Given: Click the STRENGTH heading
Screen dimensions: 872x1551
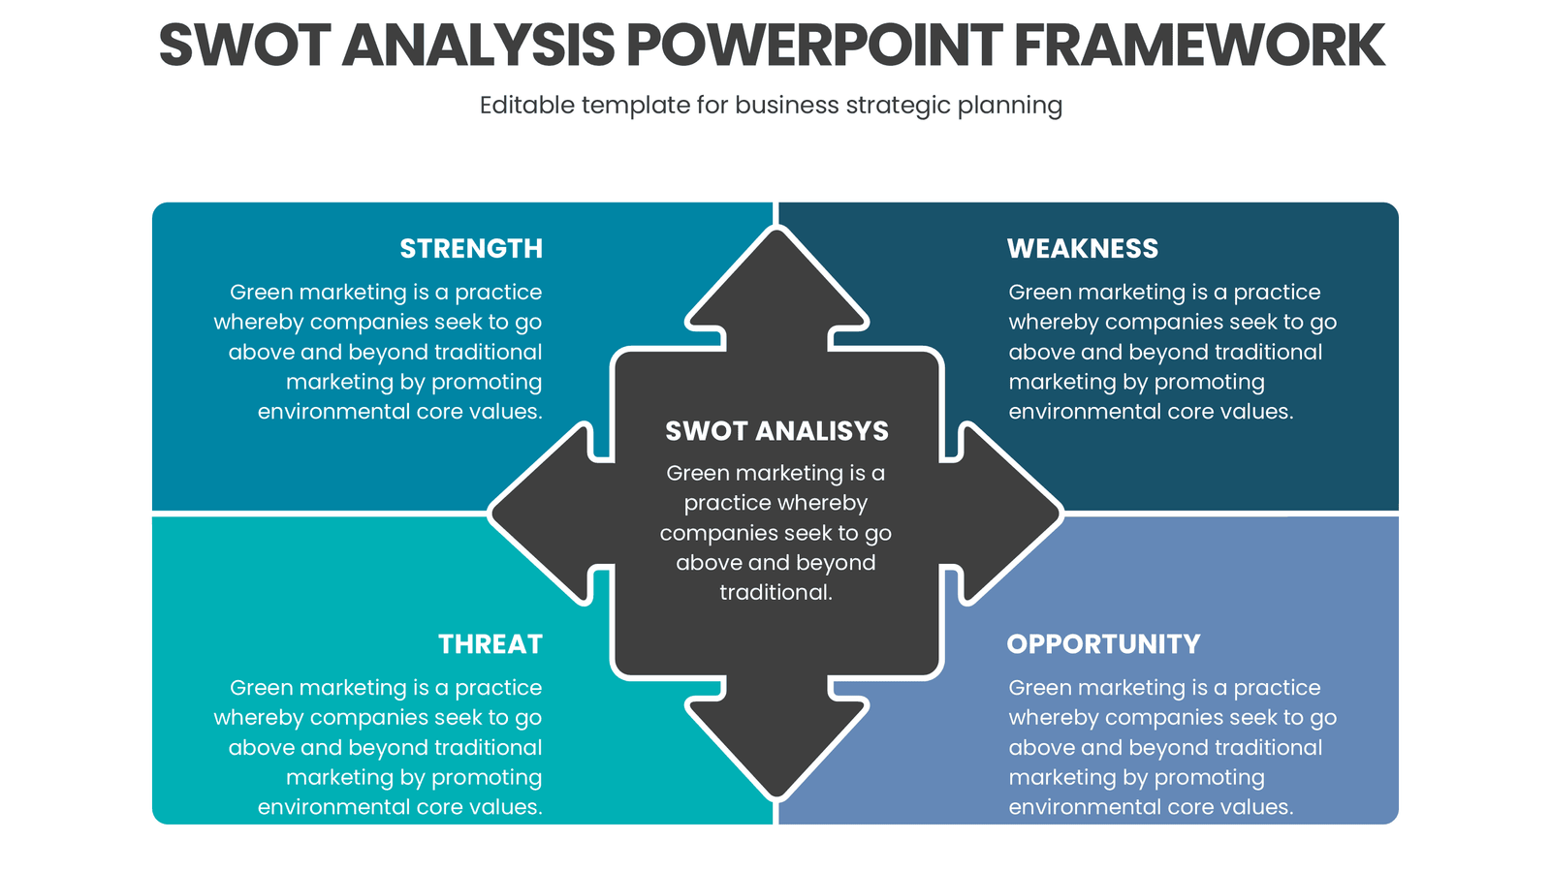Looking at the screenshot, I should click(471, 249).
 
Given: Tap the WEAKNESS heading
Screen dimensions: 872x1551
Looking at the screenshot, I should click(1082, 249).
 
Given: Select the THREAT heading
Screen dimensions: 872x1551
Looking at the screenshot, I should click(490, 644).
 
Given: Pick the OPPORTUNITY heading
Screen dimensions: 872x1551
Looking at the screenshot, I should click(1103, 644).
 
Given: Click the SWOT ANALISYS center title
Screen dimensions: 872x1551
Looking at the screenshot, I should click(776, 431).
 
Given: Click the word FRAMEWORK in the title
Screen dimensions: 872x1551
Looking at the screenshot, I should click(1199, 46).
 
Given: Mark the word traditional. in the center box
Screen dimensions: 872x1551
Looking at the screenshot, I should click(775, 593).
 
